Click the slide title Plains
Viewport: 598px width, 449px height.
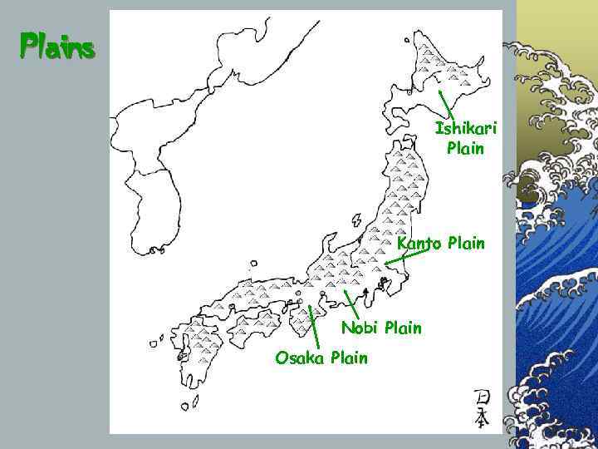coord(58,45)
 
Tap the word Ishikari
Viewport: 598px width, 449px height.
coord(465,130)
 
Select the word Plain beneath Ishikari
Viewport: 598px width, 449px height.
coord(465,149)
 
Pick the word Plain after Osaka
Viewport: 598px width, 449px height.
coord(349,358)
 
